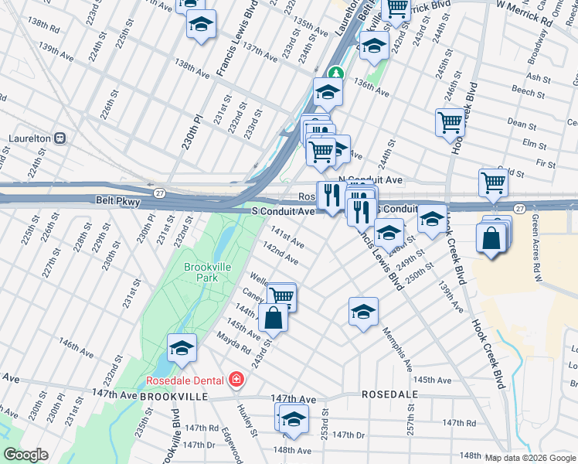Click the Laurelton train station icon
[x=59, y=139]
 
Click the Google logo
[x=25, y=455]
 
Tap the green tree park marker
[x=335, y=74]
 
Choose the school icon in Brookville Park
[x=182, y=349]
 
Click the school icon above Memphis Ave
[x=363, y=312]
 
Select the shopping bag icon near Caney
[x=274, y=317]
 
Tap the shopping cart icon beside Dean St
[x=450, y=122]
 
